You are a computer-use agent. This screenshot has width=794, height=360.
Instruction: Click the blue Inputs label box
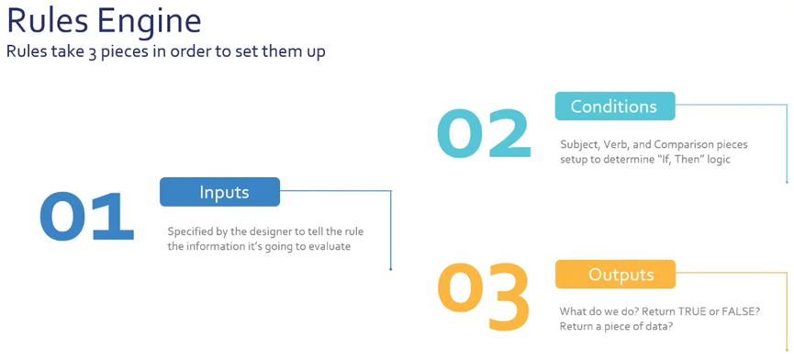click(x=219, y=192)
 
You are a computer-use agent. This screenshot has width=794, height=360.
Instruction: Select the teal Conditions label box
click(x=615, y=107)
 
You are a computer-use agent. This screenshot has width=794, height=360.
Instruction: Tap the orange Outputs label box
click(x=615, y=275)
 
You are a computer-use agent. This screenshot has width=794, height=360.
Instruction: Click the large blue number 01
click(x=86, y=217)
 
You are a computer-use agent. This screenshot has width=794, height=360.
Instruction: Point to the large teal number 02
click(x=484, y=133)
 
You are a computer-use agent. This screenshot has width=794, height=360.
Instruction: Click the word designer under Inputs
click(x=258, y=232)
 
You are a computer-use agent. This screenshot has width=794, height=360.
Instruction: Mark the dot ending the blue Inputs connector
click(x=391, y=269)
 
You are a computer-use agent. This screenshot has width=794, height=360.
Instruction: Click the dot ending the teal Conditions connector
click(x=787, y=182)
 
